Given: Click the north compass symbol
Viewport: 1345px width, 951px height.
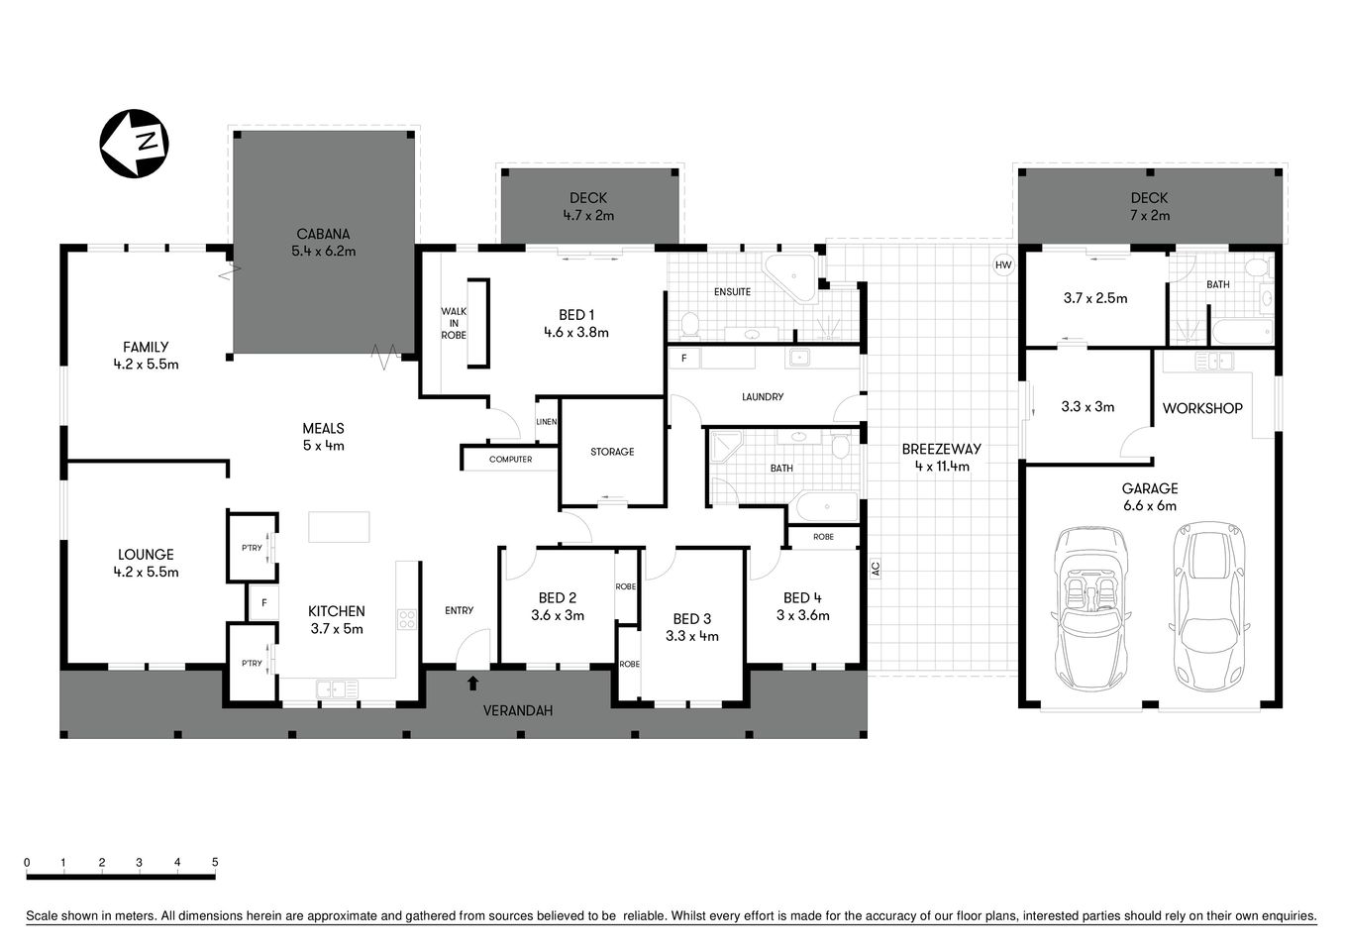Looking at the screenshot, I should (134, 145).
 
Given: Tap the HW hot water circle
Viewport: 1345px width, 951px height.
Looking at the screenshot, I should (1003, 265).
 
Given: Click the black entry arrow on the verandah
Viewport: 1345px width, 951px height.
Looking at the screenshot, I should (472, 683).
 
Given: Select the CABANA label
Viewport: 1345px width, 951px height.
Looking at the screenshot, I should (323, 243).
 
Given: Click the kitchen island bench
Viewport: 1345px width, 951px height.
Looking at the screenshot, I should (339, 526).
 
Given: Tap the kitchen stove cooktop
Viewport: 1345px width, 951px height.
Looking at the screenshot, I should (406, 619).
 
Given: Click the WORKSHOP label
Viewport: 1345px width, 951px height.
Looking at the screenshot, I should (1202, 408).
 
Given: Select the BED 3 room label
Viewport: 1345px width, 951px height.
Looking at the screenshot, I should (692, 627).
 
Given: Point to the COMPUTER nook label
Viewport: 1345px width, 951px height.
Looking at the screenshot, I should (510, 460).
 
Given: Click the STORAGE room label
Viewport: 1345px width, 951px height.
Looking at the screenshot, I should (612, 452).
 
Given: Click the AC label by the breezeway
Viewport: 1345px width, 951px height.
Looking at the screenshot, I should (876, 569).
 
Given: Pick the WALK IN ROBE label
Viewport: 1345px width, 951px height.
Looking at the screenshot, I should (454, 323).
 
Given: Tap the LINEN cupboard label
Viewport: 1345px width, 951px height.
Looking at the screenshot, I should (547, 422).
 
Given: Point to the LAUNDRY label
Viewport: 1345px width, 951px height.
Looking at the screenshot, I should (763, 397).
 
